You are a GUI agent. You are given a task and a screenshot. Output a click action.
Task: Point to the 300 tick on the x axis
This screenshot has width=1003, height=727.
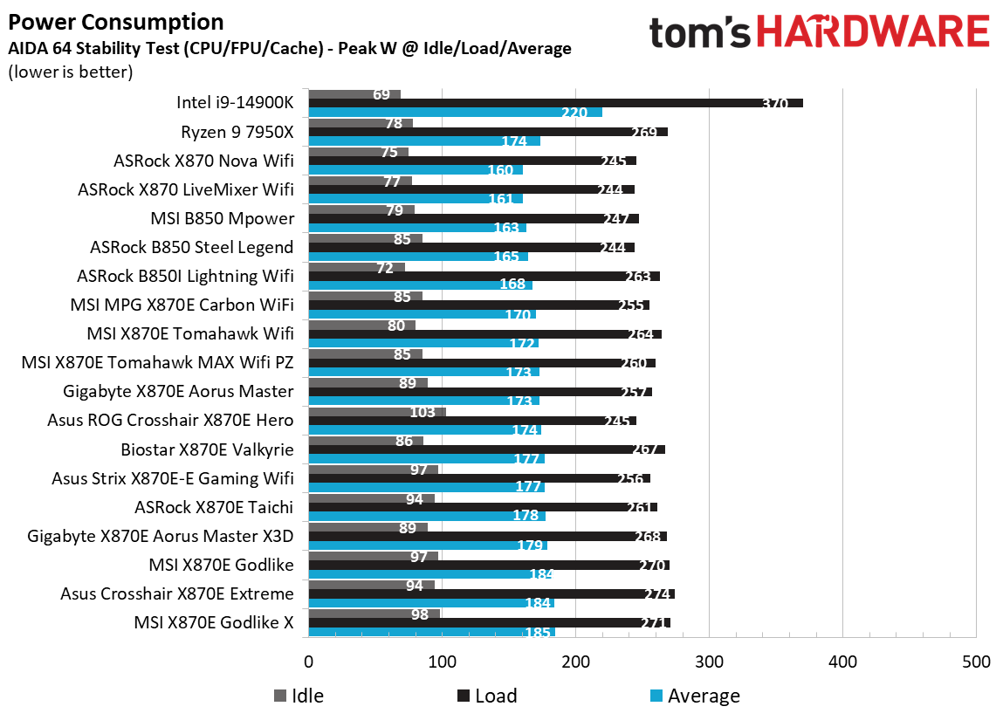[709, 662]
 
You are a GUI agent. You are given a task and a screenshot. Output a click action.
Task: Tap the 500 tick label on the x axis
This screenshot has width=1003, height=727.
[975, 662]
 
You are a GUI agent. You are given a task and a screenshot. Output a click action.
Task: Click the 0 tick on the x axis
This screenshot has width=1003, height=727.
[308, 662]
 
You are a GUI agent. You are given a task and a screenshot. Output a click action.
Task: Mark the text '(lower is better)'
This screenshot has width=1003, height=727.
[70, 72]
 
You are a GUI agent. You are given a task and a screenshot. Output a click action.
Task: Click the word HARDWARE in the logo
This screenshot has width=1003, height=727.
[873, 33]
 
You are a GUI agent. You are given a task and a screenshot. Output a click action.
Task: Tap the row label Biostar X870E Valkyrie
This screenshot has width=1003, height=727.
[207, 449]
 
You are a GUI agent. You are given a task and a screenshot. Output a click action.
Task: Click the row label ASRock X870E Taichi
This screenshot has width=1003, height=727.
[214, 507]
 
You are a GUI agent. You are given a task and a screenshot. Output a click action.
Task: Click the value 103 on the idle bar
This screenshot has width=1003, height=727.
[422, 411]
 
